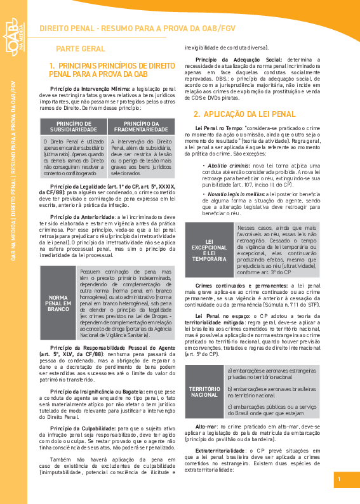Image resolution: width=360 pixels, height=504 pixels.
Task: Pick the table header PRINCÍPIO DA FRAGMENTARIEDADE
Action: coord(142,127)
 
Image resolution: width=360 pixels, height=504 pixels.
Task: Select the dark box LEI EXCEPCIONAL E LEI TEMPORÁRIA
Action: coord(209,251)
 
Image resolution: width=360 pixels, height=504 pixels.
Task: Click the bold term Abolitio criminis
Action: coord(224,165)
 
